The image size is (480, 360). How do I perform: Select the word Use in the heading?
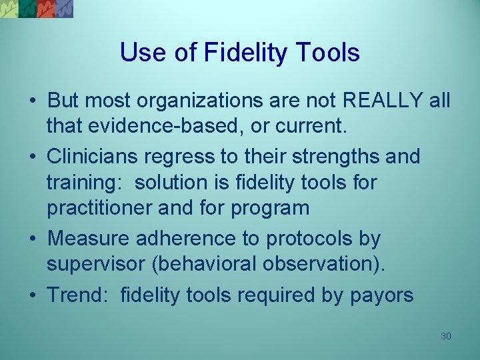[x=141, y=53]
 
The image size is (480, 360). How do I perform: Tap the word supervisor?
[x=95, y=263]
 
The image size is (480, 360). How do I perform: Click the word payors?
[x=383, y=295]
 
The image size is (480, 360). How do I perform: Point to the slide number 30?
[x=446, y=336]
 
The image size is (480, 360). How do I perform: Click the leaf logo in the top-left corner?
[x=37, y=9]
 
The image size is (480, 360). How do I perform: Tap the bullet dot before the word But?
[x=32, y=101]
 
